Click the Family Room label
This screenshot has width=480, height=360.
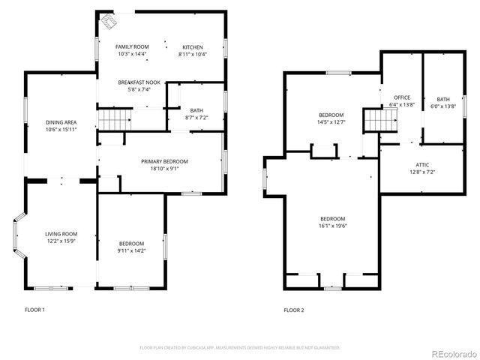tap(132, 46)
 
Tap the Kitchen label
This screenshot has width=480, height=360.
tap(192, 46)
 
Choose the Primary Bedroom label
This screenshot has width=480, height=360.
tap(164, 161)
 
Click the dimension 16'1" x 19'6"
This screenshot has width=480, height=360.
tap(332, 225)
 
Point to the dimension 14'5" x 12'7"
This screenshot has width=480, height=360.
tap(331, 121)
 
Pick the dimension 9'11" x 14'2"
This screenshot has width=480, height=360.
tap(131, 250)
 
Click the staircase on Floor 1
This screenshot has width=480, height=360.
tap(114, 118)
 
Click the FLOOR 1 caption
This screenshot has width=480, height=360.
tap(34, 310)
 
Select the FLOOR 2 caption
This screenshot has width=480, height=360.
tap(293, 310)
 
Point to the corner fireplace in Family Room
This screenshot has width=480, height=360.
tap(109, 20)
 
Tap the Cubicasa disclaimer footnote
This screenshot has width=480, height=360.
tap(240, 347)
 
